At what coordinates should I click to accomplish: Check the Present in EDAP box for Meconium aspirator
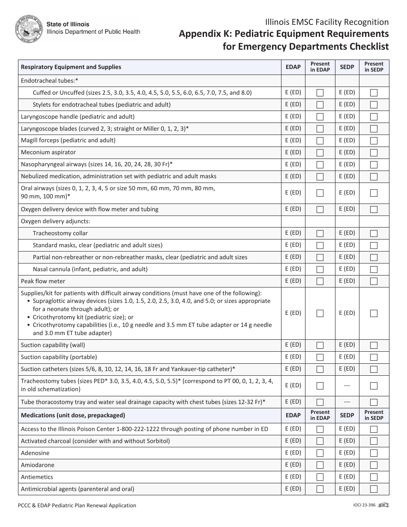pyautogui.click(x=320, y=153)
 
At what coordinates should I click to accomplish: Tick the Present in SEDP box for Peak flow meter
pyautogui.click(x=374, y=281)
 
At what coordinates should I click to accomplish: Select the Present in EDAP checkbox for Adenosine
pyautogui.click(x=320, y=453)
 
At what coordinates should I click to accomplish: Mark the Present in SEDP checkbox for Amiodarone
pyautogui.click(x=374, y=465)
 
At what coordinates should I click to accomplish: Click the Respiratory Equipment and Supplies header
pyautogui.click(x=71, y=67)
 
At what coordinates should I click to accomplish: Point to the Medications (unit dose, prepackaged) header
pyautogui.click(x=73, y=415)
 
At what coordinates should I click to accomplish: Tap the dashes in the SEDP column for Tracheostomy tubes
pyautogui.click(x=347, y=386)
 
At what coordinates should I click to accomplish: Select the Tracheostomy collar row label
pyautogui.click(x=60, y=233)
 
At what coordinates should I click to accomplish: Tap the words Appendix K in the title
pyautogui.click(x=200, y=34)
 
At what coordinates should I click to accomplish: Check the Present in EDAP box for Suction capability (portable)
pyautogui.click(x=320, y=357)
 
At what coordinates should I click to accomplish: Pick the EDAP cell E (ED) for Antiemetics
pyautogui.click(x=293, y=477)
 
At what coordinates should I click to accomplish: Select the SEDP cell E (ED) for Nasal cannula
pyautogui.click(x=347, y=269)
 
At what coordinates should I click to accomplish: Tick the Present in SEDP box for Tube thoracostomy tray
pyautogui.click(x=374, y=402)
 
